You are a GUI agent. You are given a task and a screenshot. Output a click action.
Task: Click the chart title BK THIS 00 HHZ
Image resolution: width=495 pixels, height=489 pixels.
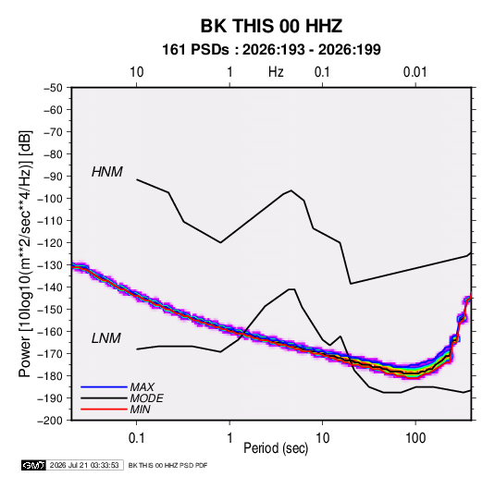click(x=271, y=26)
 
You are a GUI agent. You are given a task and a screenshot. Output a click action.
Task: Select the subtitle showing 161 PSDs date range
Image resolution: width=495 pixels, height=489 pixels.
click(x=271, y=50)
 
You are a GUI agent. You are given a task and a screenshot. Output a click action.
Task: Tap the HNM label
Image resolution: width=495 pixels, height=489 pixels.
click(x=107, y=172)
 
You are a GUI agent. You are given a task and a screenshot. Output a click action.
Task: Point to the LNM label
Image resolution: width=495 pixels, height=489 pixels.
click(x=106, y=338)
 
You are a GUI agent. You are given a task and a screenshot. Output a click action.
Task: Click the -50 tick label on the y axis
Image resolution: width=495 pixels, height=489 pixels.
click(x=53, y=88)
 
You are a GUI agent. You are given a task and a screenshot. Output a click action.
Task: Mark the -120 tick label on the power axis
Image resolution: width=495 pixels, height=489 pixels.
click(x=51, y=243)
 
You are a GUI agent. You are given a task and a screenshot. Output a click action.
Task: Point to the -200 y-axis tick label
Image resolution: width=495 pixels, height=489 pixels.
click(x=51, y=421)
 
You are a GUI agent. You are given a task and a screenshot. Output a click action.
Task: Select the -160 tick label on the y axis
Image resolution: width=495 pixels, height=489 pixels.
click(x=51, y=332)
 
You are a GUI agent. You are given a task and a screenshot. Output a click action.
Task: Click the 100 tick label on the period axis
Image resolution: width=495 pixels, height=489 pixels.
click(x=415, y=438)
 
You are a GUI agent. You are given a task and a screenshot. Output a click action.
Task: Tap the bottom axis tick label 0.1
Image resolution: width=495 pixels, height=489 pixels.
click(x=136, y=438)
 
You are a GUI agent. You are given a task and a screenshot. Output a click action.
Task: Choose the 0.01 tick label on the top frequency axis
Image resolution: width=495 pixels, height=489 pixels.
click(x=415, y=72)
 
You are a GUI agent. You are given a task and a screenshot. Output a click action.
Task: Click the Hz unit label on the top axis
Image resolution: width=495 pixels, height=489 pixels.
click(x=276, y=72)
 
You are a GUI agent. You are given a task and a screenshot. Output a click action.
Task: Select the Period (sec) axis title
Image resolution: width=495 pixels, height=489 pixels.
click(x=276, y=448)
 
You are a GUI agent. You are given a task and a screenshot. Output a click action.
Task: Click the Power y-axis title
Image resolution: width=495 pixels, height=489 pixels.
click(x=25, y=254)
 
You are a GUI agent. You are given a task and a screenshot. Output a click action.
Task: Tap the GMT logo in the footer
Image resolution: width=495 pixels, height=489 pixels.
click(x=34, y=465)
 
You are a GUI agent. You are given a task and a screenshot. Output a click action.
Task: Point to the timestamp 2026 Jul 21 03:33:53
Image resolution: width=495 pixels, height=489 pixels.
click(x=84, y=465)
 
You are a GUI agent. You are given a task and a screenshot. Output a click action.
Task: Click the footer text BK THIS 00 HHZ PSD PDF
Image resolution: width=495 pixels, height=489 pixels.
click(x=168, y=465)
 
